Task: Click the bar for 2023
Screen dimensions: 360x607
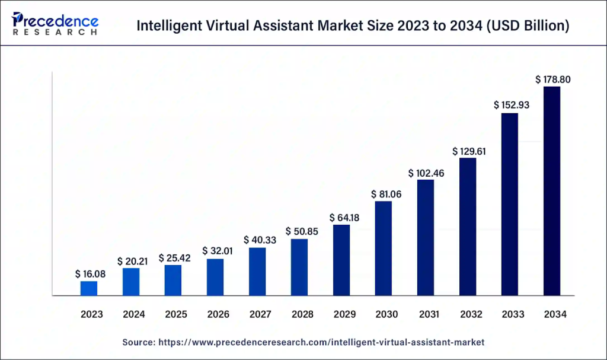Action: pos(89,288)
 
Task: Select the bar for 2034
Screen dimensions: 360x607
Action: pos(551,190)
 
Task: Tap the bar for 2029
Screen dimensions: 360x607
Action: pos(341,260)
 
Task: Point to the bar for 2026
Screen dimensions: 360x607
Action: pos(215,276)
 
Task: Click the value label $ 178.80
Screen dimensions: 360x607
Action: pos(552,79)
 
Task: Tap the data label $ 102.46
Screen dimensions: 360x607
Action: pos(426,173)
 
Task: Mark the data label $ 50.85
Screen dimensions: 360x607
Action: pos(299,231)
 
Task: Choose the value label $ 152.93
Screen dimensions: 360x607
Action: pos(510,105)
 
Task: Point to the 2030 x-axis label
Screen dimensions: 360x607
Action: pos(384,315)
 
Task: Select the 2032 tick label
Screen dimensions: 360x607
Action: pos(468,315)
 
